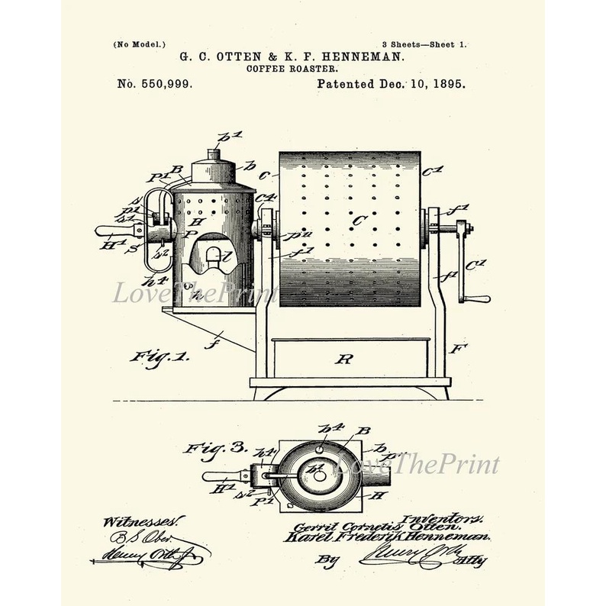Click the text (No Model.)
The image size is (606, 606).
(139, 45)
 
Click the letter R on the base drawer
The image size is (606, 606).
(343, 358)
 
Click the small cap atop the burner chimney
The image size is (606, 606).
(213, 154)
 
